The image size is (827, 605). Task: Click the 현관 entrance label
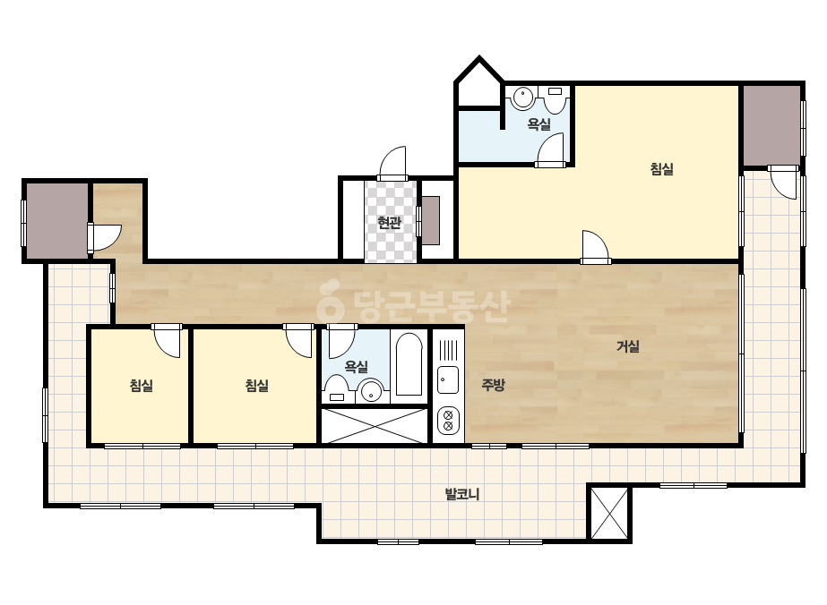coord(389,222)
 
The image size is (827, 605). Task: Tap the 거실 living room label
coord(627,346)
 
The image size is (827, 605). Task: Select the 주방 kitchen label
coord(493,385)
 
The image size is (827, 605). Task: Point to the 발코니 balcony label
coord(462,494)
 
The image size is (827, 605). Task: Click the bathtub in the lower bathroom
coord(409,364)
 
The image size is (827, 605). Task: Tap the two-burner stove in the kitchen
coord(448,421)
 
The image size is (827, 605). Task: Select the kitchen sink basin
coord(448,379)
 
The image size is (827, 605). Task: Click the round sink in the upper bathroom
coord(522,98)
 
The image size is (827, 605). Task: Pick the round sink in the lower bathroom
coord(371,391)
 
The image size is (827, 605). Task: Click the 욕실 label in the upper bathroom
coord(539,124)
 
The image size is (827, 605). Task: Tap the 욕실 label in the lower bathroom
coord(356,367)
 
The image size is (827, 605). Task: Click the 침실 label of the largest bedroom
coord(661,169)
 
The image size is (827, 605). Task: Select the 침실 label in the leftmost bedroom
coord(141,385)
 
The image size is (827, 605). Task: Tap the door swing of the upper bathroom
coord(551,149)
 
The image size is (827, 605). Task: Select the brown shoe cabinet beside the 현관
coord(431,221)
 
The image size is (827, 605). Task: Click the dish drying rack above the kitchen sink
coord(448,350)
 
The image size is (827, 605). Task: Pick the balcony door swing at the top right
coord(783,183)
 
